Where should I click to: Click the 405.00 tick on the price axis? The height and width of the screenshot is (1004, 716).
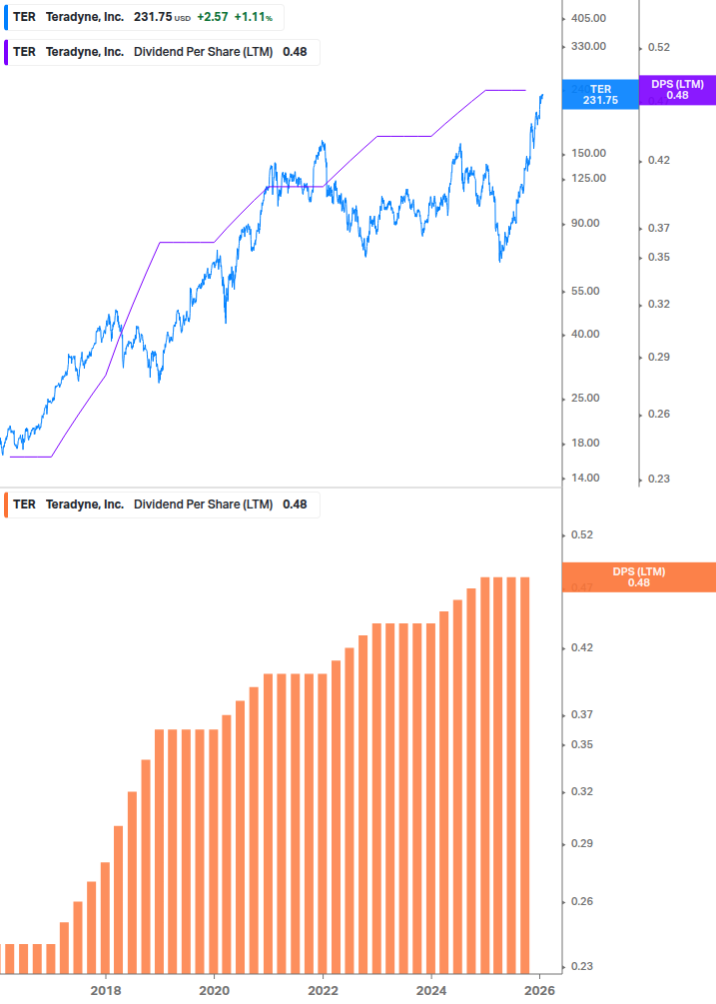[587, 18]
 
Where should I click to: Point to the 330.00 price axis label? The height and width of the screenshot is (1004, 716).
[587, 46]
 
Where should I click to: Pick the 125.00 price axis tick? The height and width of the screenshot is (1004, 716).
[587, 178]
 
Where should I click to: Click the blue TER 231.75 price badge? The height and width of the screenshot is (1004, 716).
[600, 95]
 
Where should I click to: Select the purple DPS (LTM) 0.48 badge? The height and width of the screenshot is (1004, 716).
[677, 90]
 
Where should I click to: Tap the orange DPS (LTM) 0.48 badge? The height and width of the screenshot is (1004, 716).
[638, 577]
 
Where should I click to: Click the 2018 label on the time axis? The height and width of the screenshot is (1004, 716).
[106, 991]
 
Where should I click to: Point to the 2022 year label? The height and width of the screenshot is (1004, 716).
[323, 991]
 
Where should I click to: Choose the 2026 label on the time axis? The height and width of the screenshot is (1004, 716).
[539, 991]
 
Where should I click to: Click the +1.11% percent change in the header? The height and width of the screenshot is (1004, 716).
[254, 18]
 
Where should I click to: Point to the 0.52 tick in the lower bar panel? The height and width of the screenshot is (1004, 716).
[581, 535]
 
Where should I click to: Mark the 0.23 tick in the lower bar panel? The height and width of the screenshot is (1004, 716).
[581, 967]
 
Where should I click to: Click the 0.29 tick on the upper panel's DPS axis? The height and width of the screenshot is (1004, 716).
[659, 357]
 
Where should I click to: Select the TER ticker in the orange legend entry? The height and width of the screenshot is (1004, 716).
[24, 504]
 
